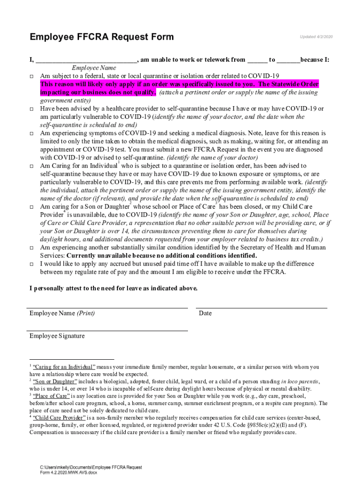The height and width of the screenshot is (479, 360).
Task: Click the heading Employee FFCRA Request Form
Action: coord(101,37)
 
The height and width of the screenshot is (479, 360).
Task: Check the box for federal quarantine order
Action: coord(32,76)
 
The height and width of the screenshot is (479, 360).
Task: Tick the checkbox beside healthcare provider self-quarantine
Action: coord(32,109)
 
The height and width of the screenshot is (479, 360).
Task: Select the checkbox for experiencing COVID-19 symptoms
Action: coord(32,133)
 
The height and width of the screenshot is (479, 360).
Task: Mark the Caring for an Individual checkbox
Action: coord(32,166)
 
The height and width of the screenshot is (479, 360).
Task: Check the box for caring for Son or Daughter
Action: coord(32,207)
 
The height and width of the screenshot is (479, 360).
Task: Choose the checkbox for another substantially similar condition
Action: coord(32,247)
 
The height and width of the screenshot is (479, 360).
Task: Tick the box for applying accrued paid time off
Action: coord(32,264)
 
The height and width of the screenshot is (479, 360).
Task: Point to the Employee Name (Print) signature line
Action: coord(108,308)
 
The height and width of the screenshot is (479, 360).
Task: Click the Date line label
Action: coord(205,313)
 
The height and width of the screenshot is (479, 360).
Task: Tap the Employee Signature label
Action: coord(57,336)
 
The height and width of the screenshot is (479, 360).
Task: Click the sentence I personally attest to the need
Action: coord(114,288)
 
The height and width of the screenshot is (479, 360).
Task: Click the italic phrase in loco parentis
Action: coord(300,382)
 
